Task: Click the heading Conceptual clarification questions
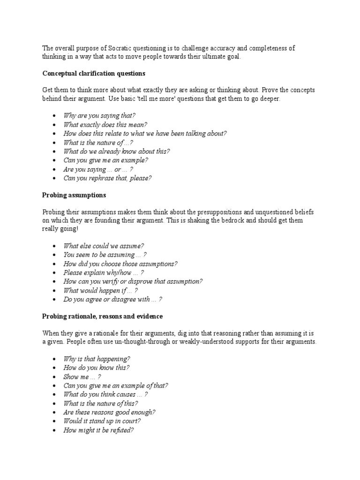[94, 74]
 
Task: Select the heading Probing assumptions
[74, 195]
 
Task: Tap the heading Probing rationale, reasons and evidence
[103, 316]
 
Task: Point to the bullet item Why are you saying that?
[99, 115]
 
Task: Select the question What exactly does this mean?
[105, 124]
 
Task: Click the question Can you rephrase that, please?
[107, 178]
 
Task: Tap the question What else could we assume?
[104, 246]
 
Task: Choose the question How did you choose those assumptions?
[120, 264]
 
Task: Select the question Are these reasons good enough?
[109, 412]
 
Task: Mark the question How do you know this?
[97, 368]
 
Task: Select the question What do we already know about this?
[117, 151]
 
